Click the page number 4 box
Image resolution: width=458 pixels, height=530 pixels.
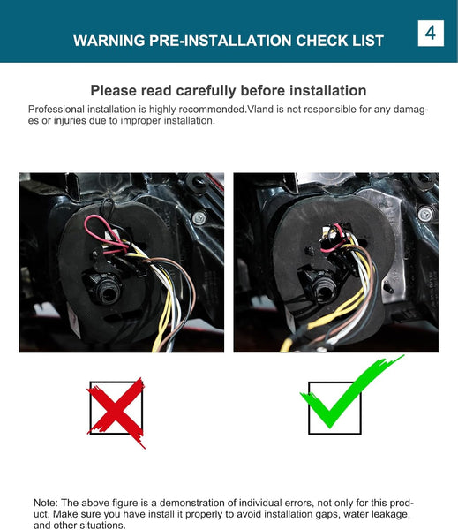coord(431,34)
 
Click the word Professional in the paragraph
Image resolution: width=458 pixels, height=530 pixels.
coord(56,110)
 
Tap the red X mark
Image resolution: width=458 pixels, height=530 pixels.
coord(116,412)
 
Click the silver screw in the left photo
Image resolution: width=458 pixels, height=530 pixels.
coord(199,218)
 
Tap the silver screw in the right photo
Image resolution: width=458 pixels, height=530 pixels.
coord(424,214)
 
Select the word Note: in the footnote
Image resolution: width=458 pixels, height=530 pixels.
coord(46,503)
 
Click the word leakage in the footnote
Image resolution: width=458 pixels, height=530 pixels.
coord(389,514)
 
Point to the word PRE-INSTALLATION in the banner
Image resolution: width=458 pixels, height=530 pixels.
coord(221,41)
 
